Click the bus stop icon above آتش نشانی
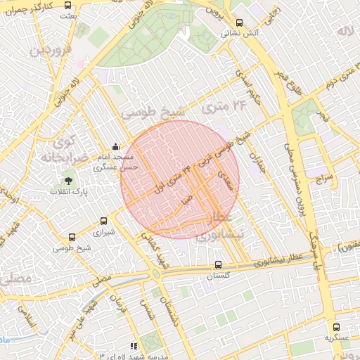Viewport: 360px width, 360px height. (x=239, y=22)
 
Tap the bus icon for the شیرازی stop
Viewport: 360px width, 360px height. (x=104, y=221)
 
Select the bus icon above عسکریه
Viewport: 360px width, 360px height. (x=336, y=327)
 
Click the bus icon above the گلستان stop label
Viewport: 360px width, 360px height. (x=218, y=265)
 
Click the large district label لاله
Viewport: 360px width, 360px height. (x=344, y=32)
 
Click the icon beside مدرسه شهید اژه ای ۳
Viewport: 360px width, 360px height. (x=134, y=346)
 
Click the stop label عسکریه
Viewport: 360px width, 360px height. (x=336, y=337)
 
